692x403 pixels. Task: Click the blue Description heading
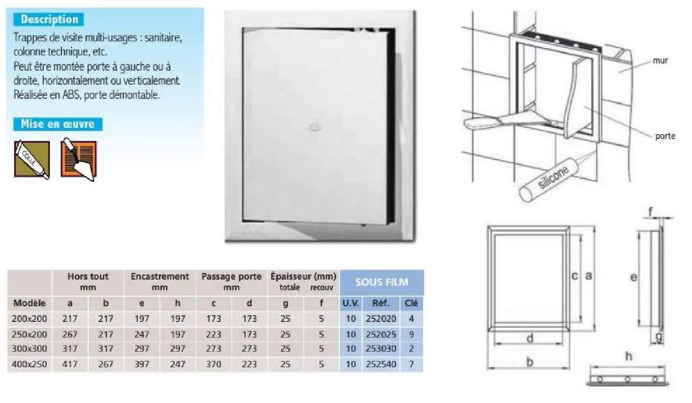(49, 20)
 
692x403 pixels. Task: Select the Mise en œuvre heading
(57, 124)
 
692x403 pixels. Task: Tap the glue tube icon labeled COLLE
(32, 159)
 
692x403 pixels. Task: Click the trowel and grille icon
(79, 159)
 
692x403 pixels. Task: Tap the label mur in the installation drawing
(660, 60)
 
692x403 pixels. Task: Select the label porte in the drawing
(665, 136)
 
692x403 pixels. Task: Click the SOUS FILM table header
(382, 282)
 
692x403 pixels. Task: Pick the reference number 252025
(380, 333)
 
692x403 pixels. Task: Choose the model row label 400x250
(29, 364)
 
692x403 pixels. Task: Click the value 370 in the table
(213, 364)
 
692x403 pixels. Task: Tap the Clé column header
(411, 303)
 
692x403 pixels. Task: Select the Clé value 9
(411, 333)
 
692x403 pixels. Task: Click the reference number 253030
(380, 349)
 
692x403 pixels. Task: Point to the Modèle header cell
(29, 303)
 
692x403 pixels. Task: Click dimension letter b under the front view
(529, 362)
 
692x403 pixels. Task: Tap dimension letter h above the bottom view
(629, 357)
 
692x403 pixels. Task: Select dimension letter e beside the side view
(634, 277)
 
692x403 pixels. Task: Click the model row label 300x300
(29, 349)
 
